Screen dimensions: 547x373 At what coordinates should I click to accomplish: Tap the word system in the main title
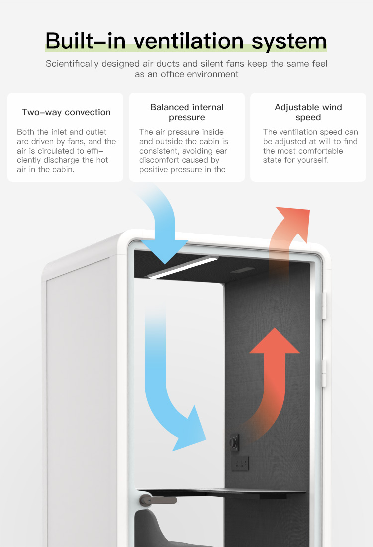[x=289, y=41]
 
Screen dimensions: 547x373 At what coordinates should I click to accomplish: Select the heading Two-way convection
[x=66, y=112]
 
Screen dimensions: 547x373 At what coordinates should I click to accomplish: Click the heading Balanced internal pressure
[x=187, y=112]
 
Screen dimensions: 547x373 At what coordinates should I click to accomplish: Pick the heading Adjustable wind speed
[x=308, y=112]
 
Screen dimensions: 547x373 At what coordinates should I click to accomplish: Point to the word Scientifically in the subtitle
[x=72, y=64]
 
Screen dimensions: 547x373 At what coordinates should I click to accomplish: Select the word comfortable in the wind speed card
[x=317, y=151]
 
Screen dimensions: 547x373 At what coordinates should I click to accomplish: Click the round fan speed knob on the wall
[x=233, y=441]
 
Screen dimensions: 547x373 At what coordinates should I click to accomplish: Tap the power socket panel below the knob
[x=241, y=464]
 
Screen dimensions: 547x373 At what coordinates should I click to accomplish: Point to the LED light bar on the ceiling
[x=182, y=267]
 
